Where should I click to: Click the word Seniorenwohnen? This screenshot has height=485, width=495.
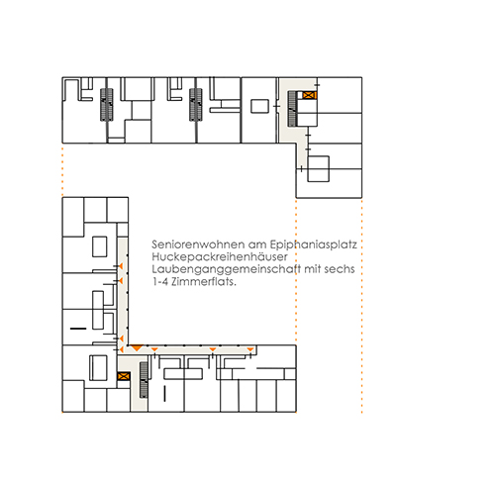point(198,244)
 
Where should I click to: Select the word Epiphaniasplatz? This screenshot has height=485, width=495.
point(314,245)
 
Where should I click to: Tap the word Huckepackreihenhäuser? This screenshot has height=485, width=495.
point(220,257)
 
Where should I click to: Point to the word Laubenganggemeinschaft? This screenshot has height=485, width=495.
point(226,269)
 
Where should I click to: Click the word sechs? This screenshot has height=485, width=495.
point(340,269)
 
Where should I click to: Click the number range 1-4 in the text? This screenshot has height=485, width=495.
point(160,281)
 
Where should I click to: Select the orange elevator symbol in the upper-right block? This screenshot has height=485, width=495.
point(310,95)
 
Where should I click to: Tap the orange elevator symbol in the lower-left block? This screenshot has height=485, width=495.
point(124,376)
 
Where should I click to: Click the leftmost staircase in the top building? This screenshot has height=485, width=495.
point(107,105)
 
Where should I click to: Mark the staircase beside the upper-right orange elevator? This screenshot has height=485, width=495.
point(292,109)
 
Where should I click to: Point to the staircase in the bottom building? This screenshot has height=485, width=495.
point(144,380)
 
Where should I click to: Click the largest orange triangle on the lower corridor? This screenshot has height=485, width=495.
point(137,347)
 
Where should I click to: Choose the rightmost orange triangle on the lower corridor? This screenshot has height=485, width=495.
point(250,349)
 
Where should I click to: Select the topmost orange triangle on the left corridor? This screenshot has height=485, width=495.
point(121,266)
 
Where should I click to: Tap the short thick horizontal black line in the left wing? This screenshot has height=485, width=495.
point(78,329)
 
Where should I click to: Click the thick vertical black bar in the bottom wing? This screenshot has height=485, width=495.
point(164,394)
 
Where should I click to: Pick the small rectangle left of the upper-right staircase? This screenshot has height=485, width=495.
point(259,106)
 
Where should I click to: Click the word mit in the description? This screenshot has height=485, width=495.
point(312,269)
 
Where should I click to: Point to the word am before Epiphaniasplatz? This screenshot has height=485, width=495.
point(257,245)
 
